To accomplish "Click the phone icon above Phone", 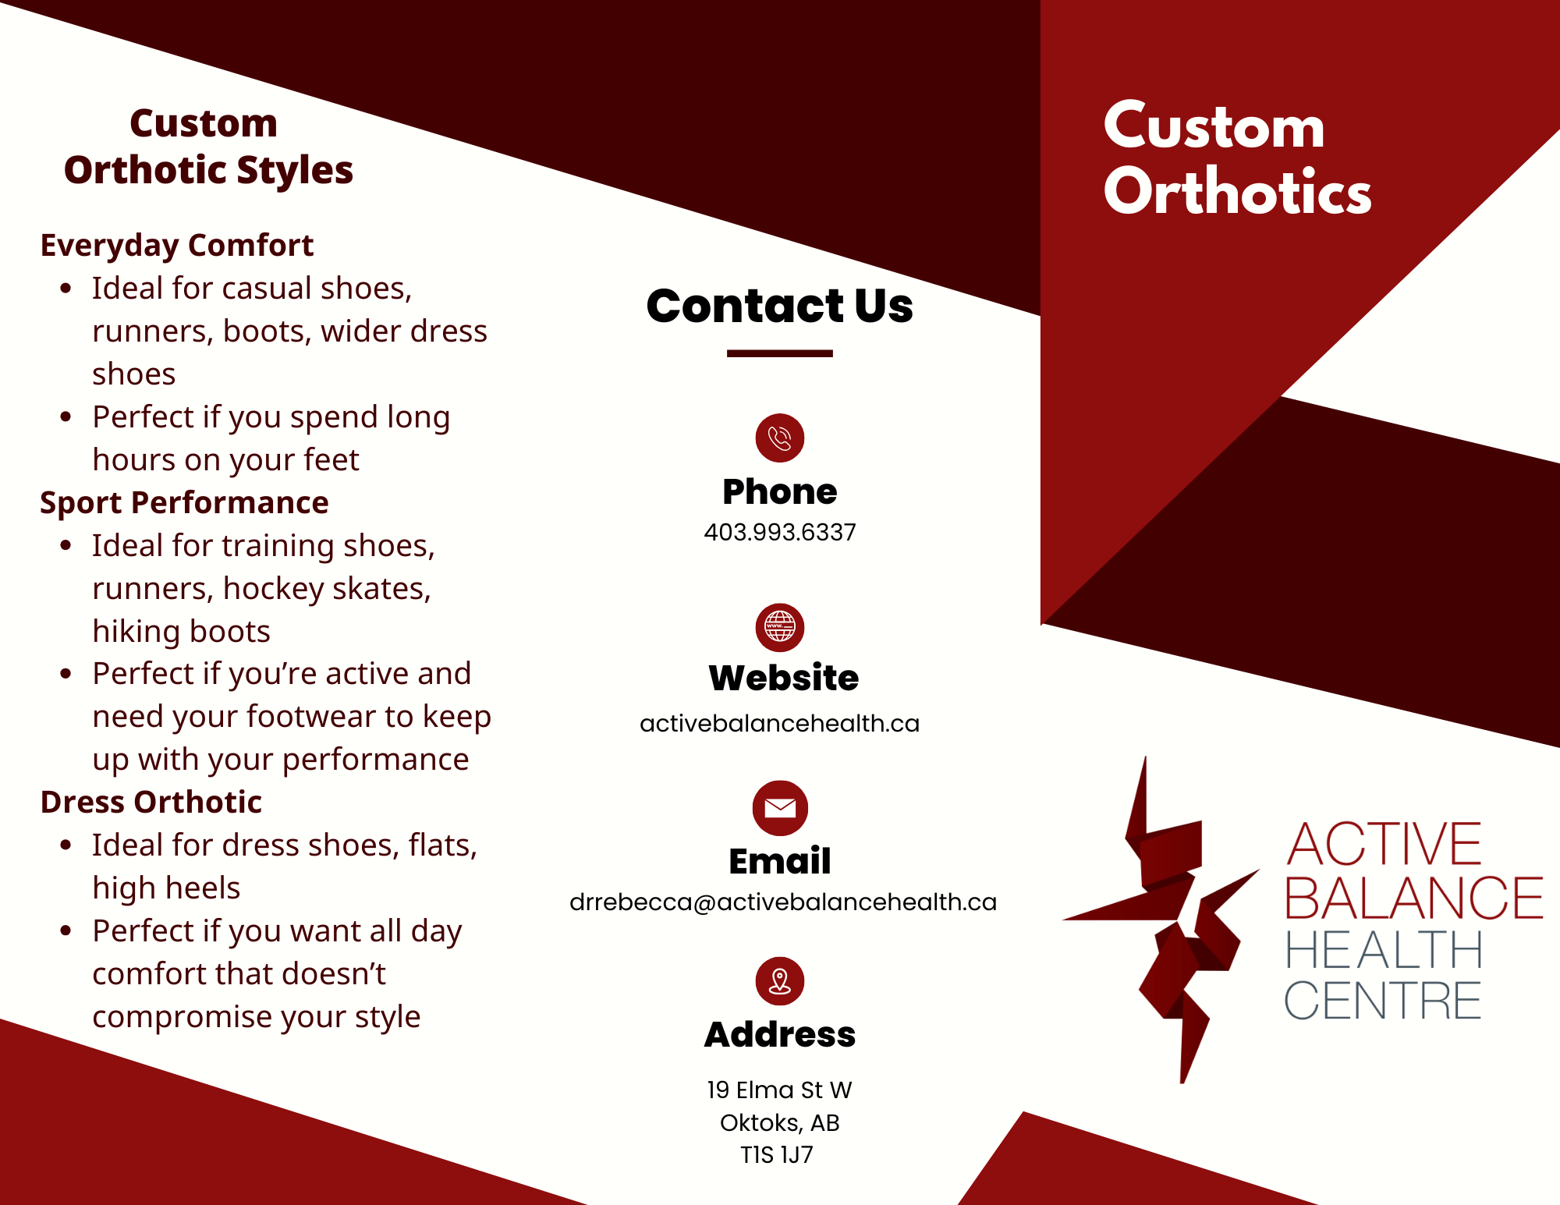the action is click(780, 438).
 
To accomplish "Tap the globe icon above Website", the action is click(780, 627).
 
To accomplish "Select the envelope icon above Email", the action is click(780, 808).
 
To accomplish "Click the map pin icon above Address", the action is click(780, 981).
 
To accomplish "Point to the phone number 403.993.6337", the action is click(780, 532).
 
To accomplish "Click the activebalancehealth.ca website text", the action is click(780, 723).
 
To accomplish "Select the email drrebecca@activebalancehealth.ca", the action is click(783, 902).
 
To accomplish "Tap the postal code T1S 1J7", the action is click(777, 1154).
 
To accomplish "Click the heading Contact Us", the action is click(780, 305).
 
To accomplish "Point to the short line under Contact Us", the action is click(780, 353).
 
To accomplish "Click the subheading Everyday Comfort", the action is click(177, 246).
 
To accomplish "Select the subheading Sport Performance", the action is click(184, 503).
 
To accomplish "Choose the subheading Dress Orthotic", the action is click(151, 802).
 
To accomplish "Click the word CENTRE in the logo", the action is click(1383, 1001).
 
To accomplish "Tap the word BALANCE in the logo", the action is click(1414, 898).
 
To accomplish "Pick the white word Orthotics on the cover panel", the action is click(1238, 192).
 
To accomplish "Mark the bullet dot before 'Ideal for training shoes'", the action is click(66, 545).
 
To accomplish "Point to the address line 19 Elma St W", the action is click(780, 1090).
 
